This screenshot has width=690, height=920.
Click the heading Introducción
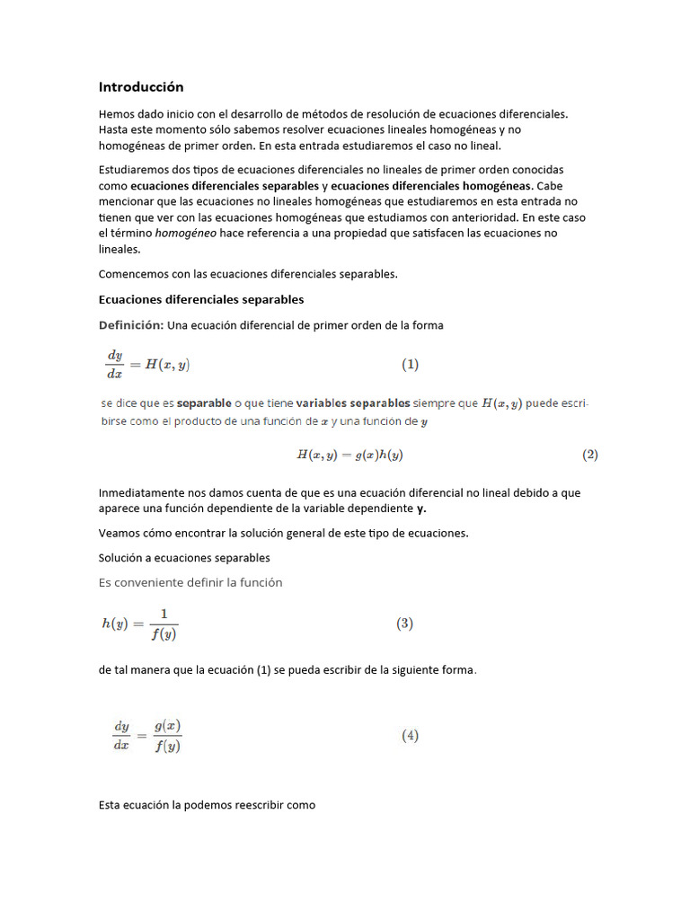pyautogui.click(x=141, y=87)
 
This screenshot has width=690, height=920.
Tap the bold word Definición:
pyautogui.click(x=131, y=325)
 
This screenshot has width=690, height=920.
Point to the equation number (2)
pyautogui.click(x=589, y=455)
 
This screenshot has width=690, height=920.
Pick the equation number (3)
pyautogui.click(x=404, y=624)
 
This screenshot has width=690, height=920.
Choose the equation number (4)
pyautogui.click(x=410, y=735)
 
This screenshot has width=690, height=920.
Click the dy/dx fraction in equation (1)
pyautogui.click(x=114, y=365)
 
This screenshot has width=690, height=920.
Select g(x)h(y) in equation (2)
pyautogui.click(x=378, y=456)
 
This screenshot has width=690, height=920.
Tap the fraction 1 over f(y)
pyautogui.click(x=164, y=624)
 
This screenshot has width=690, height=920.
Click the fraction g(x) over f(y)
pyautogui.click(x=167, y=736)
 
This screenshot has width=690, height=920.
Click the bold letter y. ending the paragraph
pyautogui.click(x=421, y=509)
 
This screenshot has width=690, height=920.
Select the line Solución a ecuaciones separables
pyautogui.click(x=184, y=558)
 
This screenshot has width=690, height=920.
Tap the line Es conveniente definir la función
pyautogui.click(x=190, y=583)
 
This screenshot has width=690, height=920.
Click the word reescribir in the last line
pyautogui.click(x=256, y=805)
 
